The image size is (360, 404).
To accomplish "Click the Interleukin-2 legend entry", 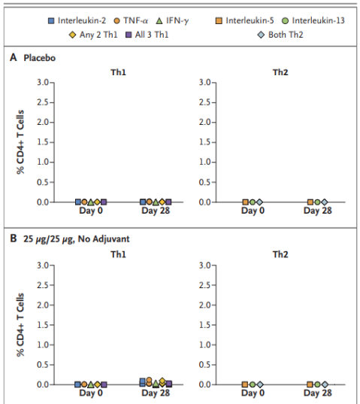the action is click(77, 20).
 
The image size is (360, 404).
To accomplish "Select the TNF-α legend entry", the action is click(131, 20).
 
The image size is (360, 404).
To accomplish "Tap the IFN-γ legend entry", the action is click(172, 20).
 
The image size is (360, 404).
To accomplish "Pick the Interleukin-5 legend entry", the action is click(245, 20).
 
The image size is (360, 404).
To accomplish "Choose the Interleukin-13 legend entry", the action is click(313, 20).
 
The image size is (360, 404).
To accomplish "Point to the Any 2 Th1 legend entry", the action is click(93, 35).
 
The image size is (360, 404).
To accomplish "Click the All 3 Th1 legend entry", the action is click(147, 35).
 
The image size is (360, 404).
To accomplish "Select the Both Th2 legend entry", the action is click(280, 35).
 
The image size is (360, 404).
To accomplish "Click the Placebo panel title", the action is click(39, 58).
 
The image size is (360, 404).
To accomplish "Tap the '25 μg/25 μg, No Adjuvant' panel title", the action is click(77, 239).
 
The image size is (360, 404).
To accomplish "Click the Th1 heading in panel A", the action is click(118, 72).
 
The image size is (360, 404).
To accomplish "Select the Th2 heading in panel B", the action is click(280, 254).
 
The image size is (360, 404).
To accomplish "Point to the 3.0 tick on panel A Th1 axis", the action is click(43, 83).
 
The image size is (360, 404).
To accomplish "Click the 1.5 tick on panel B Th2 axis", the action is click(205, 325).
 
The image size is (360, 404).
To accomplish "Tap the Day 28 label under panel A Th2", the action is click(318, 211).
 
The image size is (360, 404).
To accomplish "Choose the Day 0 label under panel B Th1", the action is click(91, 393).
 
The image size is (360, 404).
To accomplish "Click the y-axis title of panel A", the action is click(20, 142).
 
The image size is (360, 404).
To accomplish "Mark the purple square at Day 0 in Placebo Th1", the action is click(104, 202).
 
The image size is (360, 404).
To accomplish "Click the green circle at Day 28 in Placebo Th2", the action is click(318, 202).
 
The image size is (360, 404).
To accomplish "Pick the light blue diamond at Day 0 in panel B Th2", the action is click(260, 384).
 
